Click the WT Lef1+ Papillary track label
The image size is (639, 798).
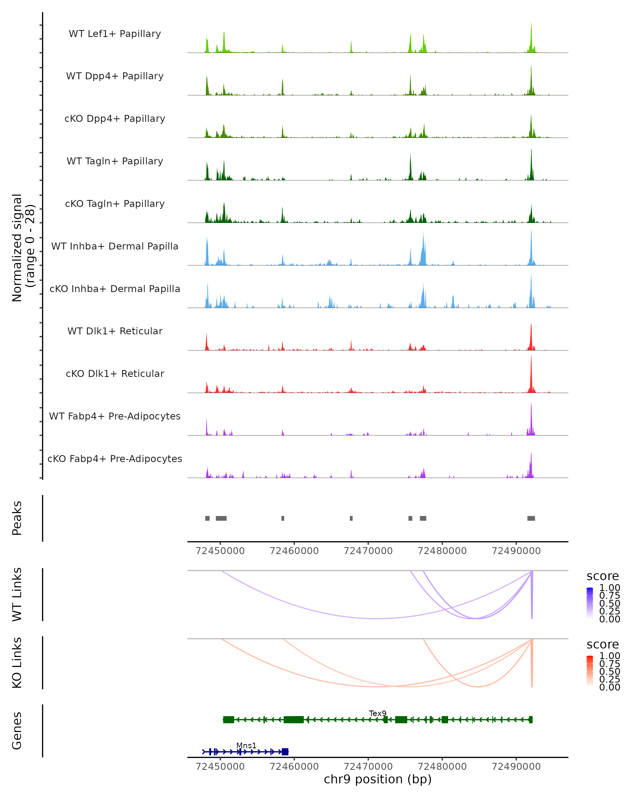[115, 34]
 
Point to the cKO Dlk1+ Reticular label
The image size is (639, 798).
[115, 373]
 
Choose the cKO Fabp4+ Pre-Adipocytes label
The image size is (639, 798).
[115, 459]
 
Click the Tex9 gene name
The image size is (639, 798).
[378, 713]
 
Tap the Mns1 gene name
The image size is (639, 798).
[246, 745]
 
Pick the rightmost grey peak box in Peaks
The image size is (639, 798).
[531, 518]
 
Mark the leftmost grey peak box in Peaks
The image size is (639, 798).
[207, 518]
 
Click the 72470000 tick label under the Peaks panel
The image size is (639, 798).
[368, 551]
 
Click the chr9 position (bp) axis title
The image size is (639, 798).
[378, 779]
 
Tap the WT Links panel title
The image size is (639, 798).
[17, 595]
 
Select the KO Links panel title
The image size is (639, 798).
[17, 663]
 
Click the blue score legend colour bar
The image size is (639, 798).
[590, 602]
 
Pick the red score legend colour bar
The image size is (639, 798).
[590, 671]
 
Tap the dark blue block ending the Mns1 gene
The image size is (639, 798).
[285, 752]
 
